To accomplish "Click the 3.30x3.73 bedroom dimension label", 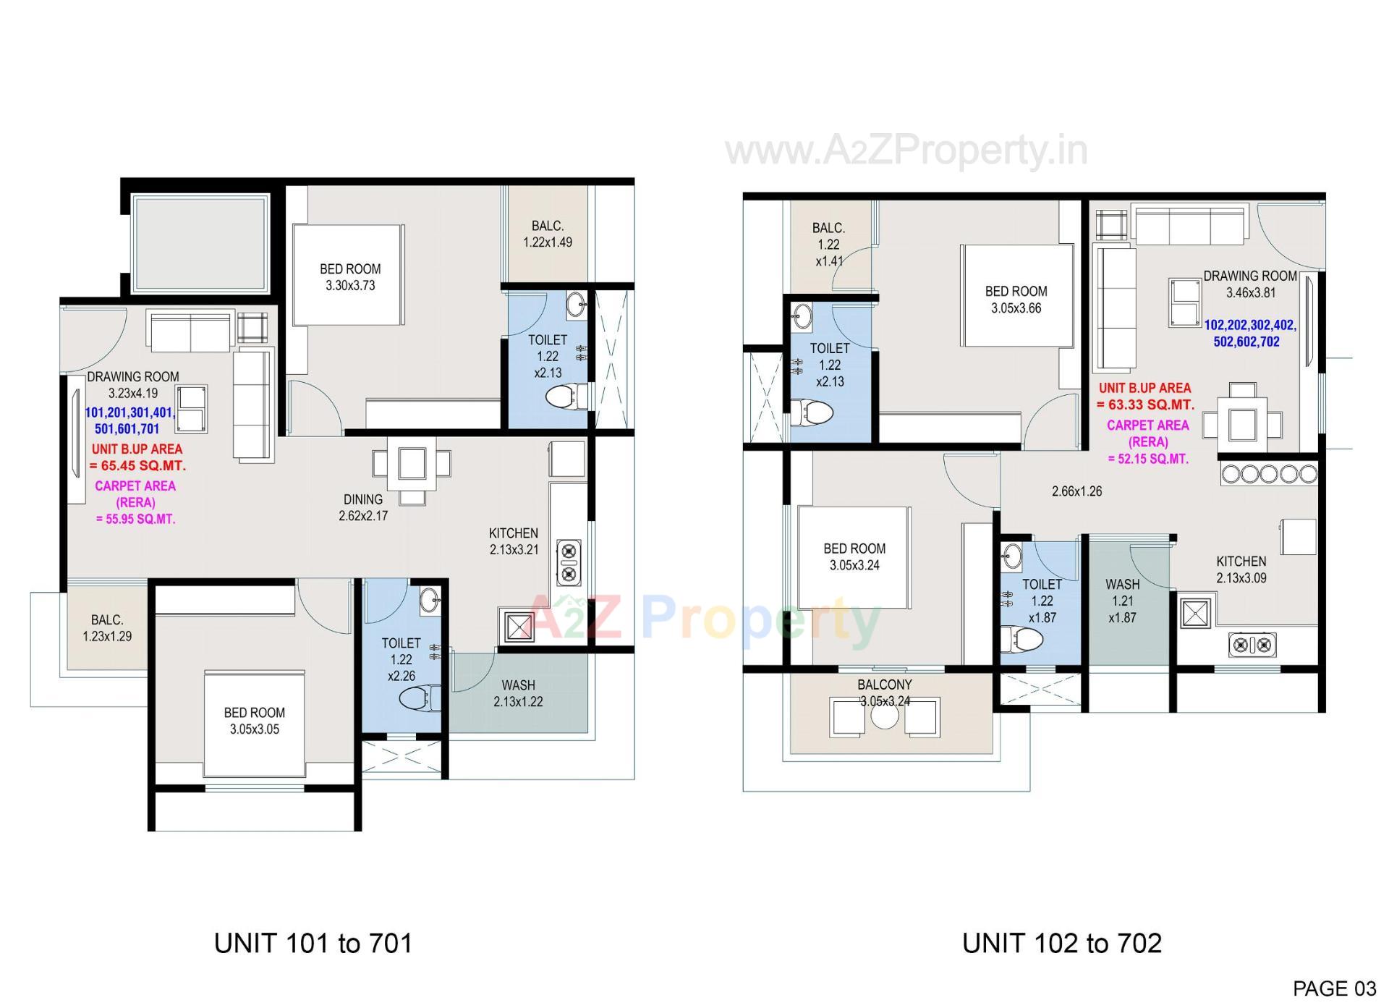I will pyautogui.click(x=350, y=286).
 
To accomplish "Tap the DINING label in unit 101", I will pyautogui.click(x=363, y=499).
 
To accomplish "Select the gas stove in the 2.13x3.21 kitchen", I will pyautogui.click(x=568, y=563).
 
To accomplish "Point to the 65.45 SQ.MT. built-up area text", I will pyautogui.click(x=137, y=466).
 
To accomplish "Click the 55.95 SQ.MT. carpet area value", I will pyautogui.click(x=136, y=519).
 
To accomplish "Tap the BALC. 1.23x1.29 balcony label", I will pyautogui.click(x=107, y=628).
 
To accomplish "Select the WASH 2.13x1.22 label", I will pyautogui.click(x=518, y=693).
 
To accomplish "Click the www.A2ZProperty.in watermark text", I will pyautogui.click(x=906, y=151).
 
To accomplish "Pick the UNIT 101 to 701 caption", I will pyautogui.click(x=313, y=944).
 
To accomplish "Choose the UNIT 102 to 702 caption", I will pyautogui.click(x=1062, y=944).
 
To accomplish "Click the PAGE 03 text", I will pyautogui.click(x=1334, y=988).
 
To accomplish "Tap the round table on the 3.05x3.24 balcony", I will pyautogui.click(x=884, y=716).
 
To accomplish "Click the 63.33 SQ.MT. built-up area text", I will pyautogui.click(x=1145, y=405).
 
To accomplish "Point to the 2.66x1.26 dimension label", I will pyautogui.click(x=1076, y=491).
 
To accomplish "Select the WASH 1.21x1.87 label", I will pyautogui.click(x=1122, y=601).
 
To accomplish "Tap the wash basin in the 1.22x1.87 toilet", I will pyautogui.click(x=1012, y=557).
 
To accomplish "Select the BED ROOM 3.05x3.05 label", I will pyautogui.click(x=255, y=721).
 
